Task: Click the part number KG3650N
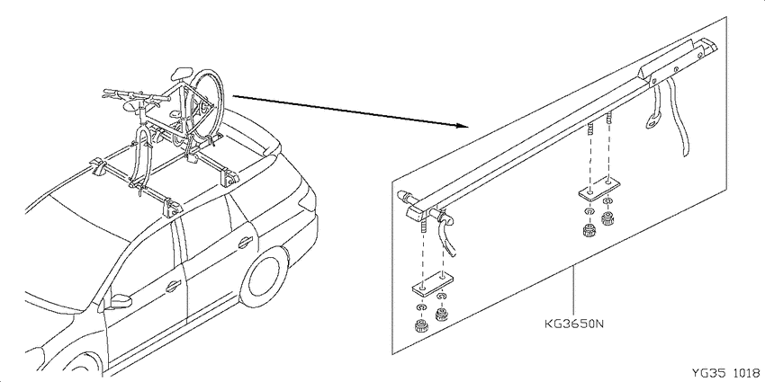574,324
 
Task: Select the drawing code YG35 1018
726,373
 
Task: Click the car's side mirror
120,301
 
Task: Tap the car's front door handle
173,287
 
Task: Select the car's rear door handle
245,241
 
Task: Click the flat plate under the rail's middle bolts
599,188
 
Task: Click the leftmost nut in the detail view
420,325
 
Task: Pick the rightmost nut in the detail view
607,218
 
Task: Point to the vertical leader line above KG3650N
574,291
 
